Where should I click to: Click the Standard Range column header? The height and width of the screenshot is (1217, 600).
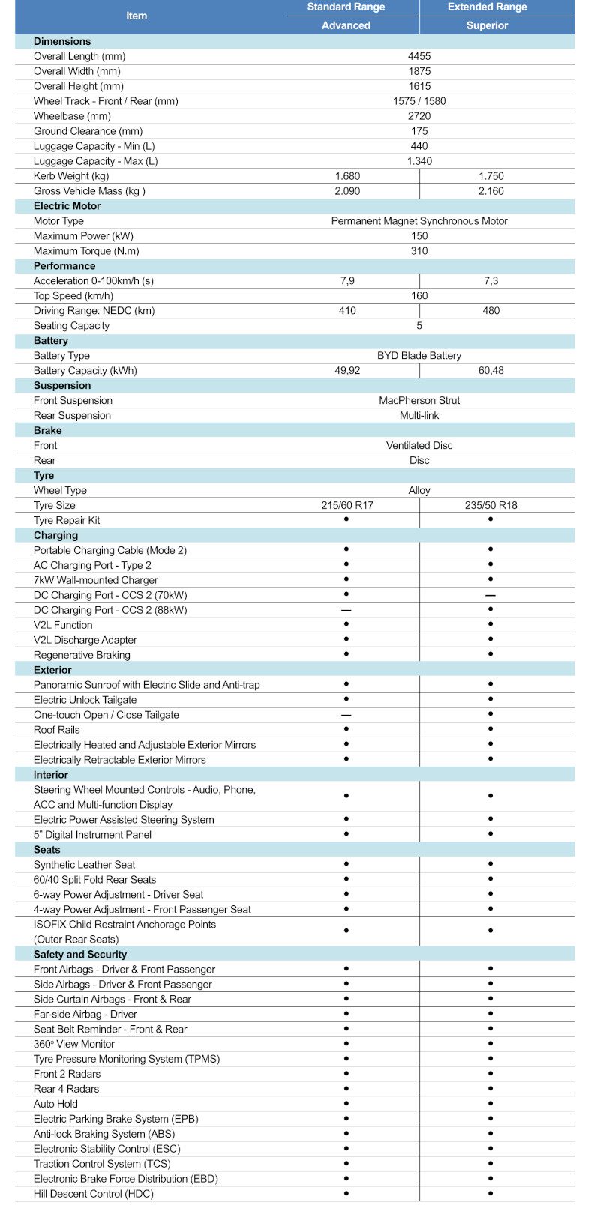pos(346,7)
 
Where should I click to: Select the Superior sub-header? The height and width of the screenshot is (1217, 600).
pos(487,25)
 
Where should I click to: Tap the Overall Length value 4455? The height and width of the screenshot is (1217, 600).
pos(419,56)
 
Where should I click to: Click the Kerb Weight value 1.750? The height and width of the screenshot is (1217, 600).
pos(491,176)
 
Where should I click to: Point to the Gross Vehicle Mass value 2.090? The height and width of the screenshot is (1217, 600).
pos(347,191)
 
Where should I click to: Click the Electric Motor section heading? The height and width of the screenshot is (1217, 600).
pos(67,206)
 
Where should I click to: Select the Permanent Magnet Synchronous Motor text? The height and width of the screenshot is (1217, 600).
pos(419,221)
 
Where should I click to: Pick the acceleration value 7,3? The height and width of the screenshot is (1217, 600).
pos(491,281)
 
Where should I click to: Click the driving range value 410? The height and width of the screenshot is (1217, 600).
pos(347,311)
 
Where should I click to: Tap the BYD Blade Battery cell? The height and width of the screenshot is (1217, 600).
pos(419,356)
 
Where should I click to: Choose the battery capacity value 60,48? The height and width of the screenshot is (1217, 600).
pos(491,371)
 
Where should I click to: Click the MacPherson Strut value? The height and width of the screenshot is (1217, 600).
pos(419,401)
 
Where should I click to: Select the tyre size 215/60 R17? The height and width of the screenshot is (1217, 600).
pos(347,506)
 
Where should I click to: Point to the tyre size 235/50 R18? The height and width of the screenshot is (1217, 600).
pos(491,506)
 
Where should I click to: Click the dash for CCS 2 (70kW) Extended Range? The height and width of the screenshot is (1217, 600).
pos(490,596)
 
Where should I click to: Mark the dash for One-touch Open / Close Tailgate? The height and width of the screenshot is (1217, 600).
pos(346,716)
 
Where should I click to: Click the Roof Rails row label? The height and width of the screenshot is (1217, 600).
pos(56,730)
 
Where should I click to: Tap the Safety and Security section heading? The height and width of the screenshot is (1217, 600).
pos(80,955)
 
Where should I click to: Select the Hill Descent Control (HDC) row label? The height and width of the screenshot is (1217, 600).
pos(93,1194)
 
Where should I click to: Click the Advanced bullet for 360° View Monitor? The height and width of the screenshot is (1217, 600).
pos(346,1044)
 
